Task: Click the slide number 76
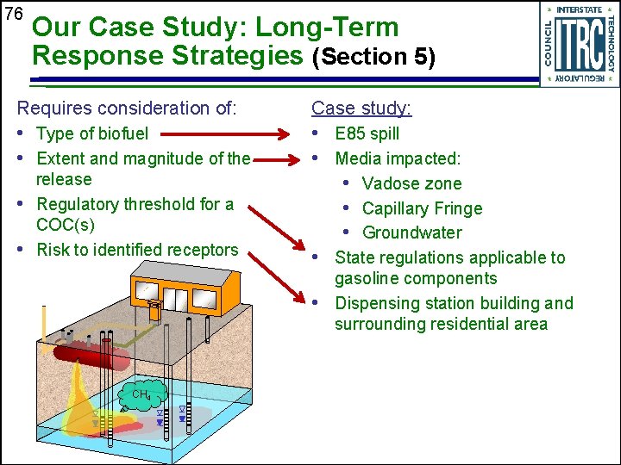pos(13,14)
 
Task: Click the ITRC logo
pos(579,44)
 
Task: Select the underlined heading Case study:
pos(361,108)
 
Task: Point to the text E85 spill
pos(367,134)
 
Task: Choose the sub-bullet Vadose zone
pos(411,184)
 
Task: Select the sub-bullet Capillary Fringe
pos(422,208)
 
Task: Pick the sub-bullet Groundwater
pos(411,232)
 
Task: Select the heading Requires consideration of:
pos(127,108)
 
